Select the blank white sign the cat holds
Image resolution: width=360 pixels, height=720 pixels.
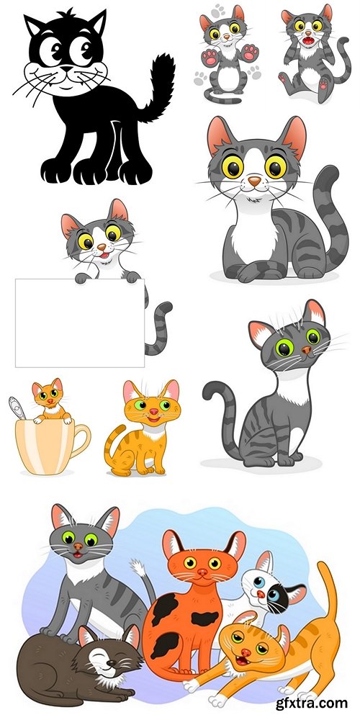[x=80, y=323]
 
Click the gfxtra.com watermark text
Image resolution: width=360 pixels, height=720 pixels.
[x=312, y=703]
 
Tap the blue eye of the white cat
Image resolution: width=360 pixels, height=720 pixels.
[x=259, y=582]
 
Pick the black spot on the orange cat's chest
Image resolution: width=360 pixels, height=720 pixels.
[x=204, y=618]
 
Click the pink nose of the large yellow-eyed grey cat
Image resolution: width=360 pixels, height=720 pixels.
[x=255, y=181]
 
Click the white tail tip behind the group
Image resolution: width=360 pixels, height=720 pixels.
[x=138, y=568]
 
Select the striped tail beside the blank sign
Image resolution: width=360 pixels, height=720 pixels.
[x=158, y=327]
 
